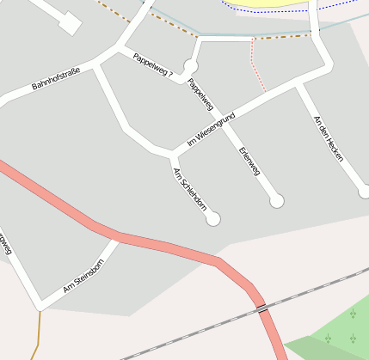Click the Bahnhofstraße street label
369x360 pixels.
55,80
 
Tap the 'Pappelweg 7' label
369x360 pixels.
153,68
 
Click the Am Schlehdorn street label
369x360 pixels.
190,188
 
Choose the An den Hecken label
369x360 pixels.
329,135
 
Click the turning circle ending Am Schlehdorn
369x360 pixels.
213,219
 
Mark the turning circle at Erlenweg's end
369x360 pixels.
277,201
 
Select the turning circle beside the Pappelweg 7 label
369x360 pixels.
191,65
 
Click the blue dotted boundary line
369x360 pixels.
284,11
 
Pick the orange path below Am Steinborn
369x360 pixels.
38,331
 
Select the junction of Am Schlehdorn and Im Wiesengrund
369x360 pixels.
173,155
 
